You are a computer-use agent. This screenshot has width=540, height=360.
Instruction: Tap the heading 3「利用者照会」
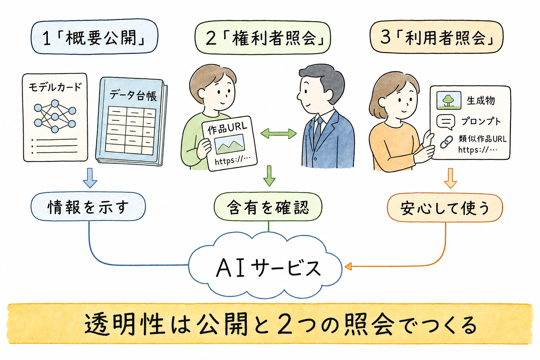pos(437,37)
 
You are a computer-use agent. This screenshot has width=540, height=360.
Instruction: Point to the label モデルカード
pos(55,87)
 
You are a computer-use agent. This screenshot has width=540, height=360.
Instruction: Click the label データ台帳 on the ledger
pos(133,96)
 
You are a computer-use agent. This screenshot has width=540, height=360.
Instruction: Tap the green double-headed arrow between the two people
pos(278,134)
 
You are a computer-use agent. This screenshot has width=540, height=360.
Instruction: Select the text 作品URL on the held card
pos(227,128)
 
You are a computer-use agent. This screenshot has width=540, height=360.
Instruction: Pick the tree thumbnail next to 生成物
pos(449,100)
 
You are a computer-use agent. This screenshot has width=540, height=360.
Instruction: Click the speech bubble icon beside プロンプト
pos(446,122)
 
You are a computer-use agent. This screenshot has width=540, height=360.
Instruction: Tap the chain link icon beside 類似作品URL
pos(446,142)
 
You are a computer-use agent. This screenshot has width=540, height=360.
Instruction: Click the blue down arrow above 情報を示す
pos(90,178)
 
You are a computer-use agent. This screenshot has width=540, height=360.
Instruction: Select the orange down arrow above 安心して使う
pos(450,178)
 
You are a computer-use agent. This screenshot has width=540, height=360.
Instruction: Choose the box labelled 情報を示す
pos(88,207)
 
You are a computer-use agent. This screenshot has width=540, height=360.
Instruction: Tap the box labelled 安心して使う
pos(445,208)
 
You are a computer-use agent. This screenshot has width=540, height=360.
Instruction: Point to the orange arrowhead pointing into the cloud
pos(348,266)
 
